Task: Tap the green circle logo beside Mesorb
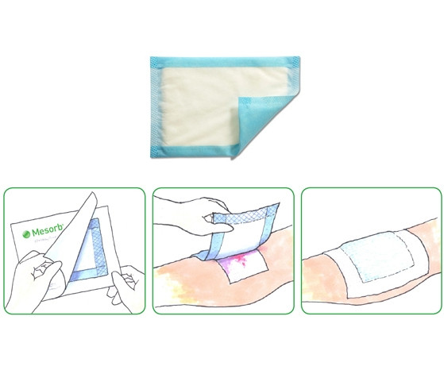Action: click(x=27, y=234)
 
